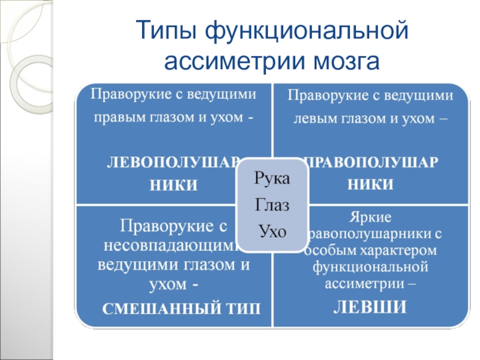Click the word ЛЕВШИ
[370, 307]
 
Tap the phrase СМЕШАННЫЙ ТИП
[182, 309]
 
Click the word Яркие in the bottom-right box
[370, 216]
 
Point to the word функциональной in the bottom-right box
[370, 265]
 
